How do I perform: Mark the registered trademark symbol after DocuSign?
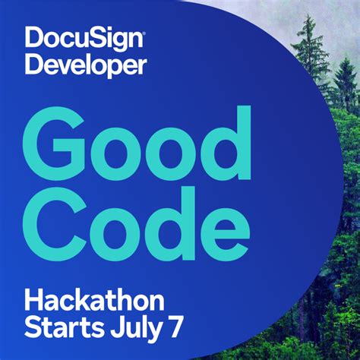click(143, 31)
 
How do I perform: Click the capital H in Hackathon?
click(34, 302)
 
